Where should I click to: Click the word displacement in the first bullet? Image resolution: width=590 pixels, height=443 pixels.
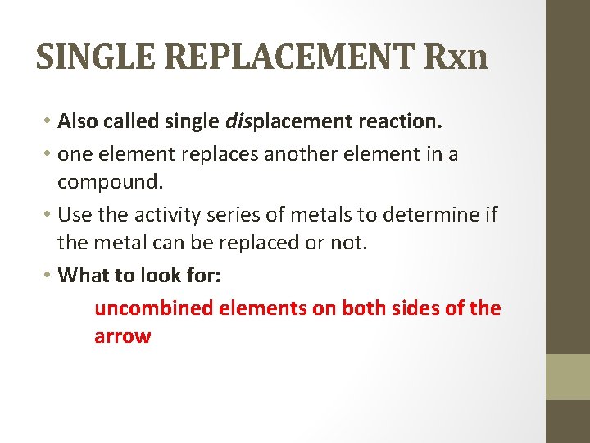point(287,122)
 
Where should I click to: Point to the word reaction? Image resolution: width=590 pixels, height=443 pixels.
point(401,122)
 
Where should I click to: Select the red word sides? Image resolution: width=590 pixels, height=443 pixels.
point(417,308)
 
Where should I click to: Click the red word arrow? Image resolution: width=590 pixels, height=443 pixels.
point(122,336)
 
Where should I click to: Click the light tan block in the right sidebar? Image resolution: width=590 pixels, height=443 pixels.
point(568,377)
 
